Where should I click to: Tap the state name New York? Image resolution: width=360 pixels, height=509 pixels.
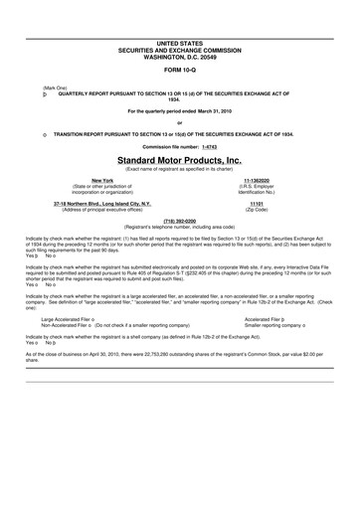click(75, 179)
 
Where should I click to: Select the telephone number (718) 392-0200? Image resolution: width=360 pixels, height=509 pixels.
click(179, 221)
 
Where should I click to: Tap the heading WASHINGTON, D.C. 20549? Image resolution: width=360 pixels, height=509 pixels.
click(179, 56)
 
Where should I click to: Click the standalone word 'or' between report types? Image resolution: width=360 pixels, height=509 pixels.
click(179, 122)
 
